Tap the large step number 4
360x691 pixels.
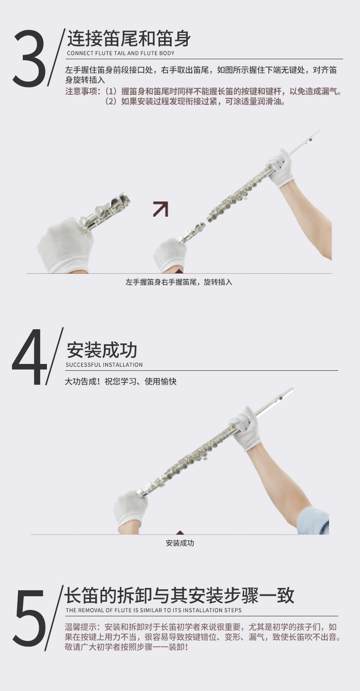tap(29, 357)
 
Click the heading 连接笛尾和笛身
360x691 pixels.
tap(129, 38)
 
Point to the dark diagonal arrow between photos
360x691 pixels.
tap(161, 209)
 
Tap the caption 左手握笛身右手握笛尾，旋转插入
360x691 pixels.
tap(179, 282)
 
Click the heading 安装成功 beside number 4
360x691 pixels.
tap(102, 350)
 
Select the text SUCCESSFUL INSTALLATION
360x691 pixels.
tap(104, 364)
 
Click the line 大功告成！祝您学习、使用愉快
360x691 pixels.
tap(121, 381)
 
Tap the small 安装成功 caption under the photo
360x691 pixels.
tap(180, 543)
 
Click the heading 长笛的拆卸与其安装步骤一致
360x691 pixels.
tap(179, 595)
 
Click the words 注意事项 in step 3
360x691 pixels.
tap(81, 91)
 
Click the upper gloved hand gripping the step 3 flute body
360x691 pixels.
tap(280, 169)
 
